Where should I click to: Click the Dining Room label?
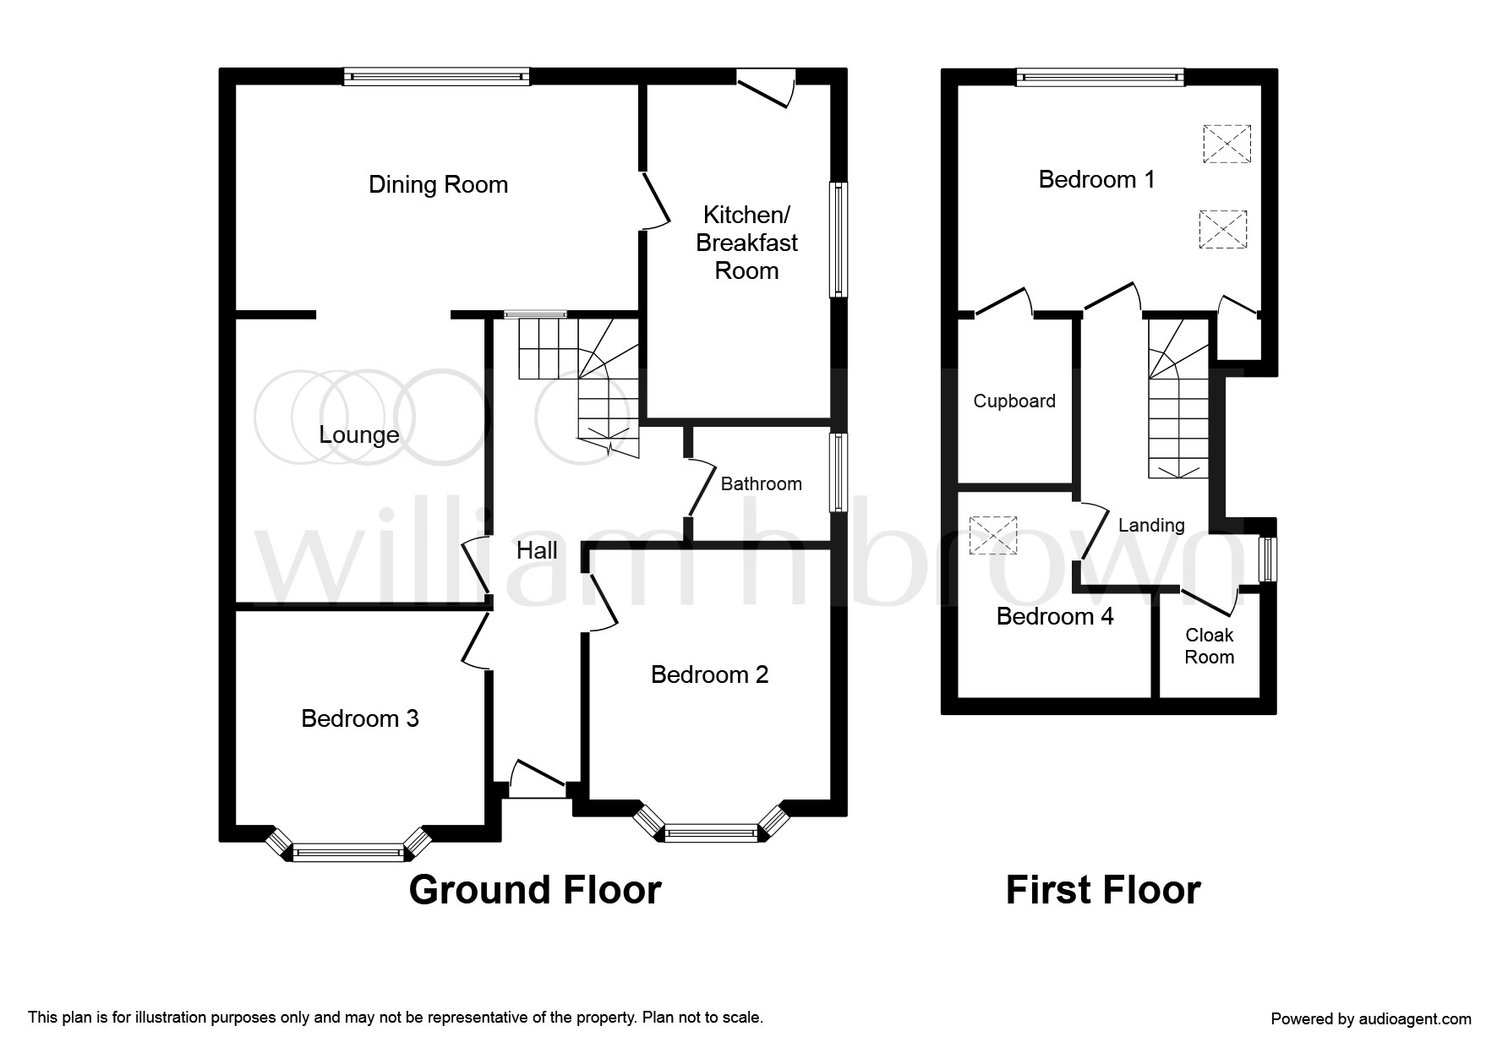click(438, 184)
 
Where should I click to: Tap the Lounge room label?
click(359, 435)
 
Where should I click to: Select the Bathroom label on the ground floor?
click(761, 483)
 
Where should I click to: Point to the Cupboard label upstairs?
click(1014, 401)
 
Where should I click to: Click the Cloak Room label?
click(1210, 646)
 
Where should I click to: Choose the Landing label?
click(1151, 525)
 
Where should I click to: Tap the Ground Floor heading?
click(535, 890)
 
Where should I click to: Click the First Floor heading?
click(1103, 890)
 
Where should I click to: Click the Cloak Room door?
click(1209, 601)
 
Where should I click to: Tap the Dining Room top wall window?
click(436, 77)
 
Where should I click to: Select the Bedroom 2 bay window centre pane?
click(711, 833)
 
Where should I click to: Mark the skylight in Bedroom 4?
click(994, 536)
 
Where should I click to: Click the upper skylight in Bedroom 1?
click(1226, 145)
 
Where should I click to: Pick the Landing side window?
click(1267, 559)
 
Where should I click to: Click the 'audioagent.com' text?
click(1413, 1018)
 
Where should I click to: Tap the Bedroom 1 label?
click(1096, 179)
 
